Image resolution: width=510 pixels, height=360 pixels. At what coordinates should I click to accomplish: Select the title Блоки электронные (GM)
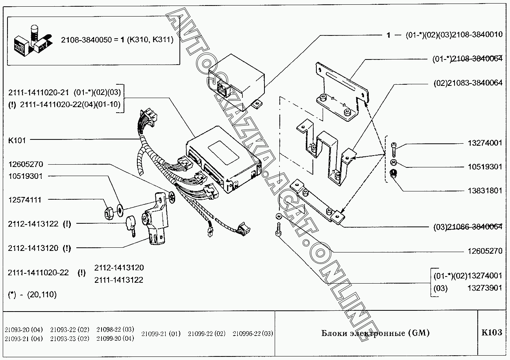click(375, 333)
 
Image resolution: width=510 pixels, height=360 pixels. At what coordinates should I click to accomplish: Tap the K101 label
click(17, 140)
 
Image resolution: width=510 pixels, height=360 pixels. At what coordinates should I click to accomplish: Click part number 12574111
click(25, 200)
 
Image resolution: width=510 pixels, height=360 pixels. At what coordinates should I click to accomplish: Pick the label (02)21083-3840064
click(468, 83)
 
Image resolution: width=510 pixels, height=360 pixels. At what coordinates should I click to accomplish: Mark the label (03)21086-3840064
click(468, 227)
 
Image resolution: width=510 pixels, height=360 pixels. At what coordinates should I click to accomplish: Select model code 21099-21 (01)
click(161, 334)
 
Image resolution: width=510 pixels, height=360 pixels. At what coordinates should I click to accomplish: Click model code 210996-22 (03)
click(253, 334)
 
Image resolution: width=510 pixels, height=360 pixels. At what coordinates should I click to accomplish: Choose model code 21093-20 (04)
click(24, 329)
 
